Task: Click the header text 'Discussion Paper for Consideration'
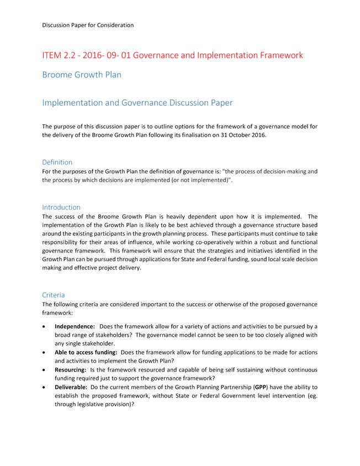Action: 88,25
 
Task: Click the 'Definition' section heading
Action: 57,162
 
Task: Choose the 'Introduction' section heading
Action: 61,208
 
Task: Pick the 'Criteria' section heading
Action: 54,295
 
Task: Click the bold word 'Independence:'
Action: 75,326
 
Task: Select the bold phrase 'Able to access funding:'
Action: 86,352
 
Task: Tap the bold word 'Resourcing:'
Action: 70,369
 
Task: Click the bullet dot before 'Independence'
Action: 45,326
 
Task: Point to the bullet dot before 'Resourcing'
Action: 45,369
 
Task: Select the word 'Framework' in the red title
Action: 276,56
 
